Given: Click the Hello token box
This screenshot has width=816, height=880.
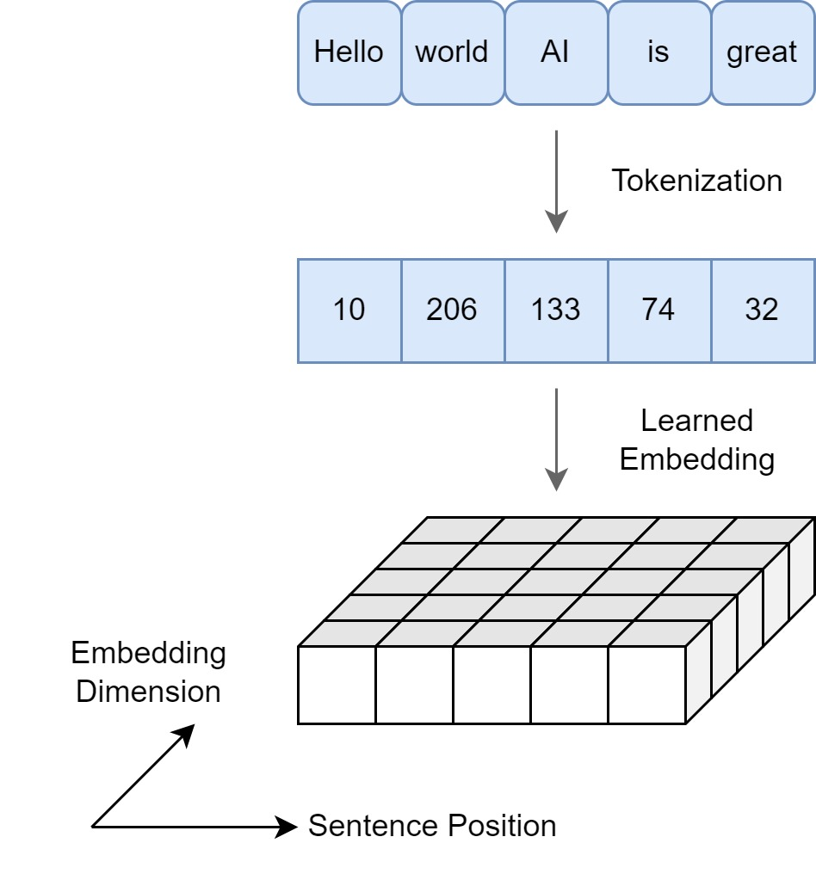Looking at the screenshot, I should point(349,52).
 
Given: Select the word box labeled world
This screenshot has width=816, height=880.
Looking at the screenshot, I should point(452,52).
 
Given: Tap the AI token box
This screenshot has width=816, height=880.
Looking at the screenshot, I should point(555,52).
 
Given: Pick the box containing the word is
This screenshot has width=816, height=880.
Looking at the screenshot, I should point(658,52).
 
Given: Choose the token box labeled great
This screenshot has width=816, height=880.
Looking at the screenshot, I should point(762,52).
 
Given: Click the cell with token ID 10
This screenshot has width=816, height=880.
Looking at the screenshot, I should point(349,310).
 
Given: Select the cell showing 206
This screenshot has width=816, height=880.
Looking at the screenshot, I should point(452,310).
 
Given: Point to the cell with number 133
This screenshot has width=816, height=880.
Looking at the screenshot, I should point(555,310).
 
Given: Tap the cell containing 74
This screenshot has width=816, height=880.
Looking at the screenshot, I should point(658,310).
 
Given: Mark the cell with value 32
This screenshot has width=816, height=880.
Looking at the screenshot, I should point(762,310).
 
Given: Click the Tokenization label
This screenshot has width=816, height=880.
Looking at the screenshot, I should point(696,181).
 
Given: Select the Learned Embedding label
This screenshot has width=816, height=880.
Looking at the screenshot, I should point(696,440).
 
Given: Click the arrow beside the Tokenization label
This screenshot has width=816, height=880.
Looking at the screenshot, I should point(557,181).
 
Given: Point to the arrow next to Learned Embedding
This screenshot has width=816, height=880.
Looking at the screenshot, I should point(557,439).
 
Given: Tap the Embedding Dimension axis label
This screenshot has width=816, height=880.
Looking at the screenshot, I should point(148,672).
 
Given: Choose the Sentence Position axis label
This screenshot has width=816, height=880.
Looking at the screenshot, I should point(432,826).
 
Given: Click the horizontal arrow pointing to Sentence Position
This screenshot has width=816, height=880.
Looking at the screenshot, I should point(194,828).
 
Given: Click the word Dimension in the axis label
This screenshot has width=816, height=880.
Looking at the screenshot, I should point(148,692).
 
